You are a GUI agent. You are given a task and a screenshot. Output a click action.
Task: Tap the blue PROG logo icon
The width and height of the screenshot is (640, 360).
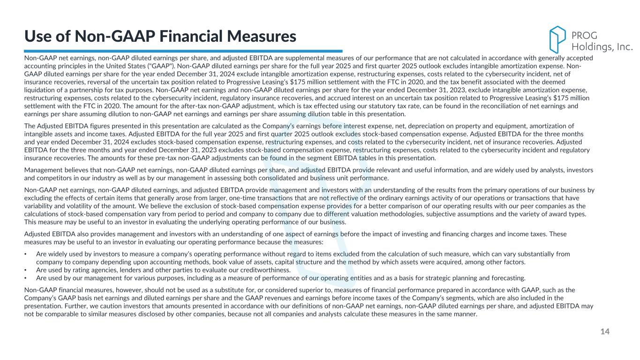557,39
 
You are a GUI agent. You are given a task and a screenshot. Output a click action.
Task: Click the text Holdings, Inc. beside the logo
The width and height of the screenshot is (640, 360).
602,46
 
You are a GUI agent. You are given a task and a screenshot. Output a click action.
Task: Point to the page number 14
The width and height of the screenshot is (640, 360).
605,332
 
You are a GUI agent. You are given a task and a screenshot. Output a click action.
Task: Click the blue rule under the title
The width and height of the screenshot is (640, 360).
183,51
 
